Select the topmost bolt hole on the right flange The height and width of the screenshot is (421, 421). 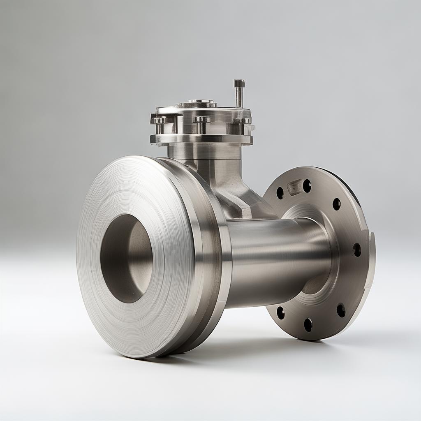[x=307, y=186]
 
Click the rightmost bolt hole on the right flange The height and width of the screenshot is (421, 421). [x=357, y=250]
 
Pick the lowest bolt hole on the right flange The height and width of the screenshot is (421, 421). [x=308, y=325]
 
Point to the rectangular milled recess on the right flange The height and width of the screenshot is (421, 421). [x=294, y=187]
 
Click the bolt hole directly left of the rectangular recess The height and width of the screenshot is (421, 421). [x=280, y=193]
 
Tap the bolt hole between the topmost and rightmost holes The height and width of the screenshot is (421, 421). [x=337, y=204]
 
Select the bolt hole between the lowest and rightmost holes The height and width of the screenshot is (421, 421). [x=341, y=310]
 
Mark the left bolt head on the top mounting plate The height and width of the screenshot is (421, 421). [x=159, y=120]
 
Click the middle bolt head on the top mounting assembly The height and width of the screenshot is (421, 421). [x=202, y=120]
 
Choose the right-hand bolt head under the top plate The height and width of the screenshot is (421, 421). [x=243, y=121]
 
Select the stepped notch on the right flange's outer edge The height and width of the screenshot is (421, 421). [x=372, y=238]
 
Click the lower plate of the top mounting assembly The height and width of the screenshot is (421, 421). [x=201, y=139]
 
